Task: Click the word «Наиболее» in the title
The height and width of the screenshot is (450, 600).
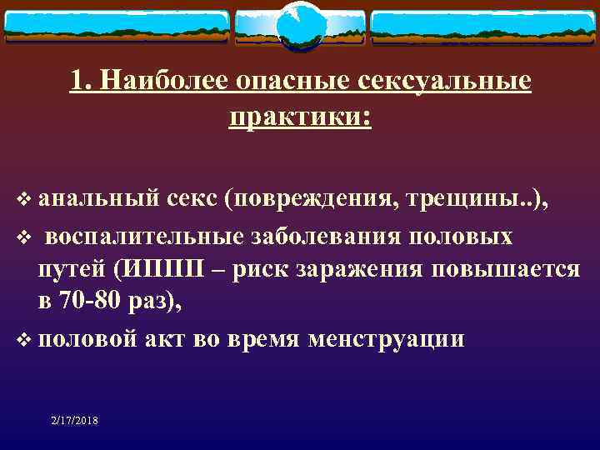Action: coord(164,82)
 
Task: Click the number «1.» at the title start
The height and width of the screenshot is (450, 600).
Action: coord(82,82)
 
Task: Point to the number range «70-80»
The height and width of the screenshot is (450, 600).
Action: coord(98,302)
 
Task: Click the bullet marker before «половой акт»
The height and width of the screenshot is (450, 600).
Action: coord(25,340)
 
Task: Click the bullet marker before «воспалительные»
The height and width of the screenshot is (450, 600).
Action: coord(25,237)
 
